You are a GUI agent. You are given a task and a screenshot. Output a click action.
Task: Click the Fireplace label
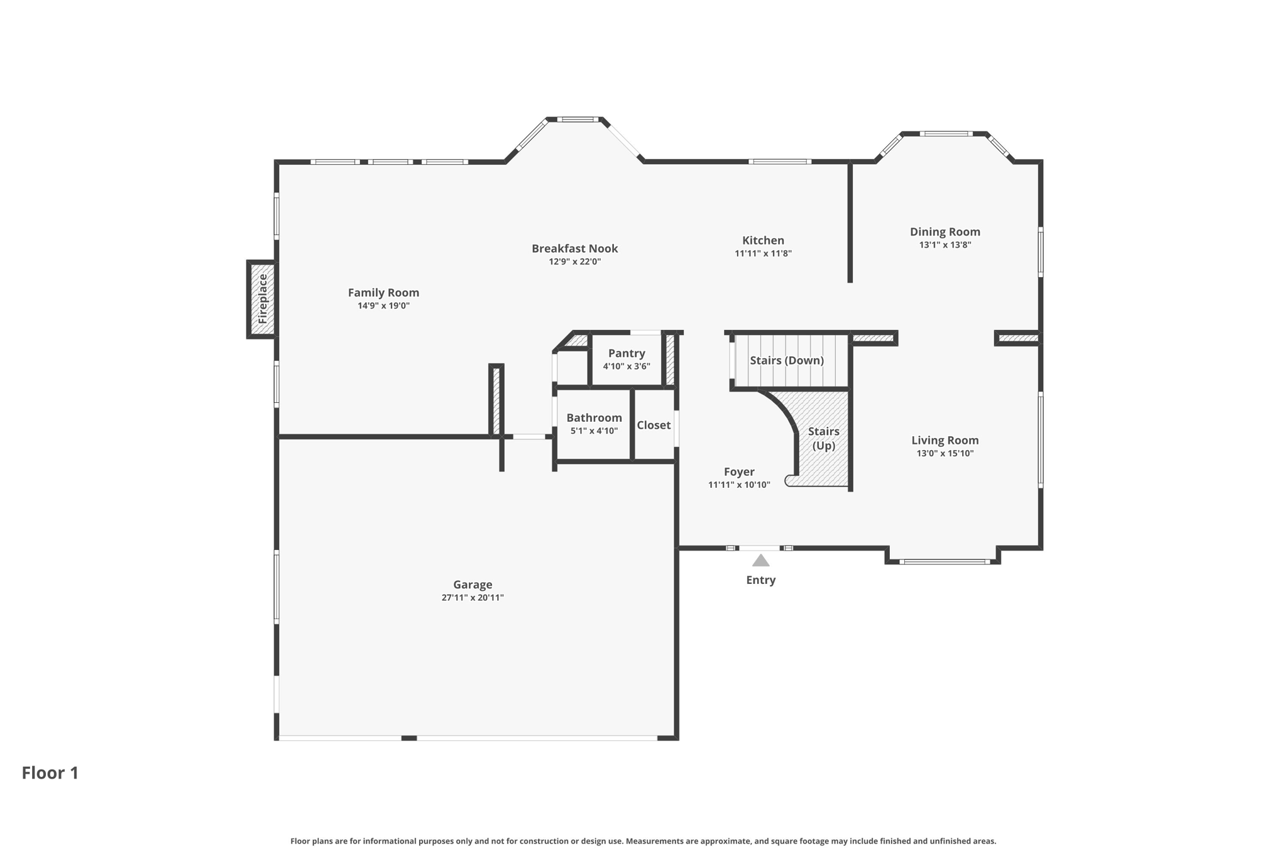[263, 299]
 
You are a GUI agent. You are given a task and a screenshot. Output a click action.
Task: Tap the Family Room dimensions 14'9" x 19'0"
[383, 306]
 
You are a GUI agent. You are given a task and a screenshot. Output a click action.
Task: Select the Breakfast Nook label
[574, 248]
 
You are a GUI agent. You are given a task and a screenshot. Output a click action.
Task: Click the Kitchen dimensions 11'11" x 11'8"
[763, 254]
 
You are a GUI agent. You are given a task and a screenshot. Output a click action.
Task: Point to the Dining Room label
[945, 232]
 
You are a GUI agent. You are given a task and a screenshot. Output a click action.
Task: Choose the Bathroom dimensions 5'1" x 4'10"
[594, 431]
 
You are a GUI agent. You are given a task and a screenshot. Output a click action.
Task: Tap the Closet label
[654, 426]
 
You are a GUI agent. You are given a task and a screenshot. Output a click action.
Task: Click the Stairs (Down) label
[786, 361]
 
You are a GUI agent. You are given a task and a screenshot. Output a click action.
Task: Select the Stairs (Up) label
[823, 438]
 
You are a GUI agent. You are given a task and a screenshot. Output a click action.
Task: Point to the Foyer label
[739, 472]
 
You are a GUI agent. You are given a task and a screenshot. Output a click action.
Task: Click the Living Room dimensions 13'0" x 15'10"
[945, 454]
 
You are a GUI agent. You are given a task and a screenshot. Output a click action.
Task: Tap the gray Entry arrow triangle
[760, 561]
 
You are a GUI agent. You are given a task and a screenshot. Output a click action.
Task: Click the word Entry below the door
[760, 580]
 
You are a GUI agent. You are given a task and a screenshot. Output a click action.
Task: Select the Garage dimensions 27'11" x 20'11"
[473, 598]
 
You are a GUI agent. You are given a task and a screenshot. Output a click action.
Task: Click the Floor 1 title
[50, 773]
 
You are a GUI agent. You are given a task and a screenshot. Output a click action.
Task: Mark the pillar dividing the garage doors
[408, 738]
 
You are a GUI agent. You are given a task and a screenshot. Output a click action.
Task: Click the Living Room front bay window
[944, 562]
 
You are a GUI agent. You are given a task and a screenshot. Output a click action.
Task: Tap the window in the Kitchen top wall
[779, 162]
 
